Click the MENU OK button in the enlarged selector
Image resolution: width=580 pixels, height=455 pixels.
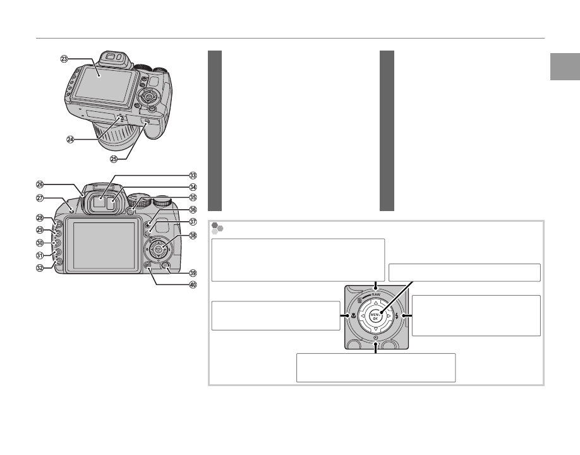tap(375, 316)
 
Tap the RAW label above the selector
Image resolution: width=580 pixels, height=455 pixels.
tap(376, 294)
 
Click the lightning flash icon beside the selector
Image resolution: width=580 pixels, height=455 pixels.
tap(397, 316)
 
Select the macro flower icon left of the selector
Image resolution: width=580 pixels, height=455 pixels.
tap(354, 316)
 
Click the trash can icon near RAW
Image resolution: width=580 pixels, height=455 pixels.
tap(359, 301)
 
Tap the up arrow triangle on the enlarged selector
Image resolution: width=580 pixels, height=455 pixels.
tap(375, 303)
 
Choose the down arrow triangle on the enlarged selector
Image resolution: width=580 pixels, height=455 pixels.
tap(375, 329)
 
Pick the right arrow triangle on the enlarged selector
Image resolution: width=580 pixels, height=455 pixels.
tap(389, 316)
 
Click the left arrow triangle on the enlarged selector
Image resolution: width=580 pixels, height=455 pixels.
tap(363, 316)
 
